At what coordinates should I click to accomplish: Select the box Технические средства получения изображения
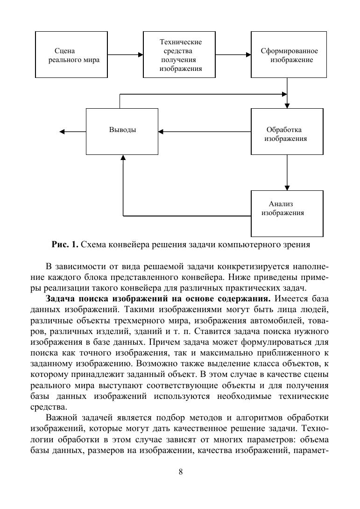[179, 55]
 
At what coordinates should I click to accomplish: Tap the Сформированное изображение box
[287, 55]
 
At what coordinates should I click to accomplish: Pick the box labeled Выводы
[122, 131]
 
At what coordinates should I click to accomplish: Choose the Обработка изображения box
[287, 132]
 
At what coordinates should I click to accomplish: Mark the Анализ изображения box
[287, 213]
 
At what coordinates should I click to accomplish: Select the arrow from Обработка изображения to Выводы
[205, 132]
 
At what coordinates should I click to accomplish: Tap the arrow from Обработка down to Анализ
[287, 172]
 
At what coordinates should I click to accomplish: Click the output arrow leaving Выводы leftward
[72, 132]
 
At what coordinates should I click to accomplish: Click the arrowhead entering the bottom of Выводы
[123, 159]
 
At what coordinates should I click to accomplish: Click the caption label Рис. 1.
[65, 244]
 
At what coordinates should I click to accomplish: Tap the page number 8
[180, 472]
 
